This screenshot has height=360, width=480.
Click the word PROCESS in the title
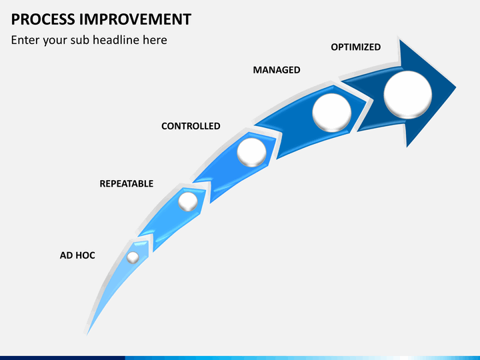[x=43, y=19]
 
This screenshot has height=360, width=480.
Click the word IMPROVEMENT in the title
[x=135, y=19]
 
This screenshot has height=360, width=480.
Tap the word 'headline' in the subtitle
[x=117, y=40]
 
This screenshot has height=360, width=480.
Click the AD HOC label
[x=77, y=255]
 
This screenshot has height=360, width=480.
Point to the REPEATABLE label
[x=127, y=184]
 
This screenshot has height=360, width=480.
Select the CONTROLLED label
[x=191, y=126]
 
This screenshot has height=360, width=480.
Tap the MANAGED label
[x=277, y=70]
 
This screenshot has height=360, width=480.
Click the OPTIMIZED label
[x=356, y=47]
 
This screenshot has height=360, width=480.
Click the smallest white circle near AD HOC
[x=133, y=257]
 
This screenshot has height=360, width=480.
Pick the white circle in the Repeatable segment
[x=188, y=202]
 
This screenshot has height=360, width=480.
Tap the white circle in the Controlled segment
[x=251, y=153]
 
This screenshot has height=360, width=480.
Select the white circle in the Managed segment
[x=332, y=113]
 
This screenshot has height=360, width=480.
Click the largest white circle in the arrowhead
[x=408, y=95]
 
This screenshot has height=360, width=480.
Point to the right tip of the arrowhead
[x=456, y=87]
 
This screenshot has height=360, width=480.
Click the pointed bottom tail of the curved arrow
[x=87, y=334]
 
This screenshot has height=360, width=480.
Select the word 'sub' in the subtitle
[x=80, y=40]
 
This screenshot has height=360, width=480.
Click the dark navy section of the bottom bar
[x=63, y=358]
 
